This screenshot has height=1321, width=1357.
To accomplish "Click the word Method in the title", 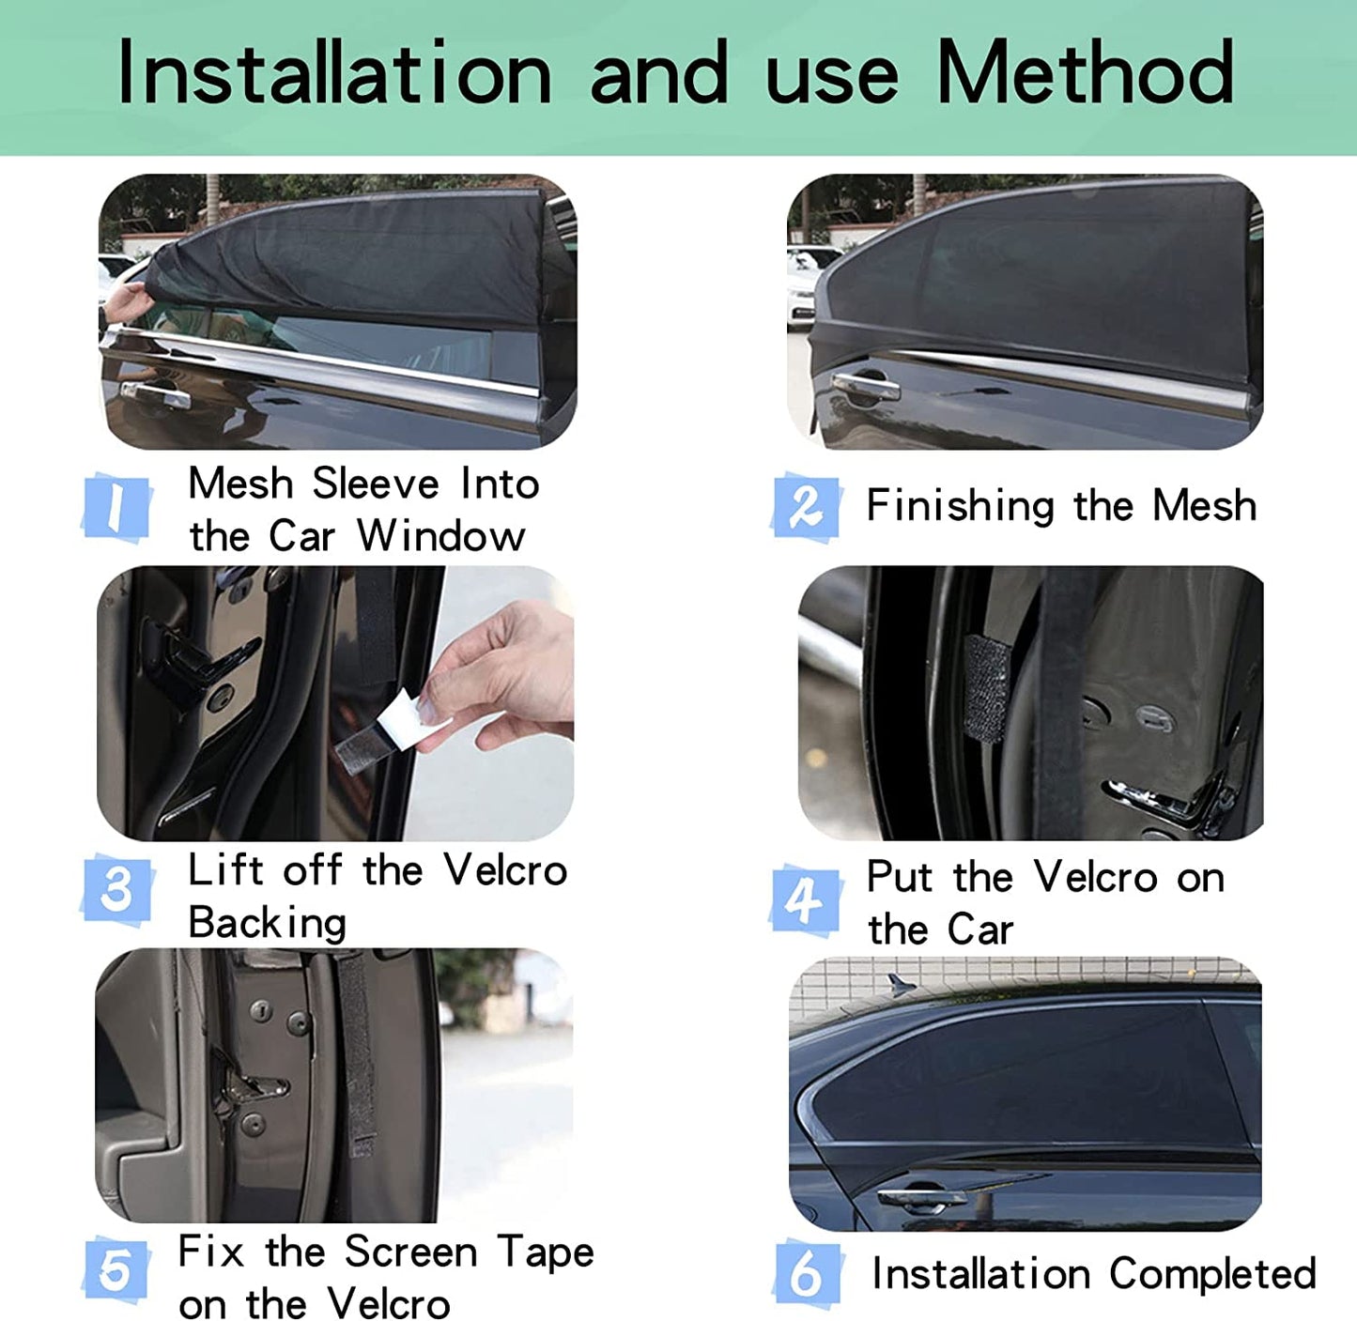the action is coord(1085,72).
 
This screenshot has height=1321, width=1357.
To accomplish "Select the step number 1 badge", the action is coord(116,507).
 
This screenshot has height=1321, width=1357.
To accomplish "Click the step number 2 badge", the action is coord(806,507).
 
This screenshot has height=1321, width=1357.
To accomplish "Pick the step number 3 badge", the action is coord(116,890).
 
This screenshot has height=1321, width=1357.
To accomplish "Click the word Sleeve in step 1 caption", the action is coord(375,484).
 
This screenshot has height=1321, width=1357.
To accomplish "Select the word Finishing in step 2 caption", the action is coord(960,506).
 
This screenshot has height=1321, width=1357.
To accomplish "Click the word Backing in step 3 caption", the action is coord(267,923).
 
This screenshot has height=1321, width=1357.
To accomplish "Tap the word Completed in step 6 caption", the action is coord(1212,1274).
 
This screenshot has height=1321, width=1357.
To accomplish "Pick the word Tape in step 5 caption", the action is coord(545,1252).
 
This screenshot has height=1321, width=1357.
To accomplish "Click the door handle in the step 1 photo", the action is coord(155,394).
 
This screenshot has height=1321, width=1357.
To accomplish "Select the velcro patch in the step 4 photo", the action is coord(986,688).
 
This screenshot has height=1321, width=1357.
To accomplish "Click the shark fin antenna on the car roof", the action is coord(901,984).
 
